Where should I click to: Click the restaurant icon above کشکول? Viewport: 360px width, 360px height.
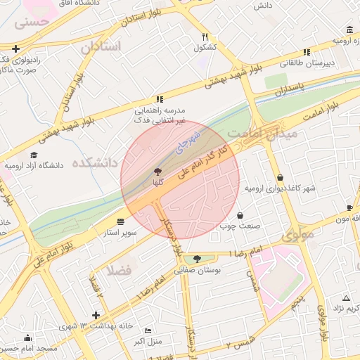pyautogui.click(x=205, y=37)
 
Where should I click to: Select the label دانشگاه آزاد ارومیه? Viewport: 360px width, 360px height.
pyautogui.click(x=34, y=166)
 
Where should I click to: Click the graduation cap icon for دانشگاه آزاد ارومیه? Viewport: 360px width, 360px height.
pyautogui.click(x=34, y=155)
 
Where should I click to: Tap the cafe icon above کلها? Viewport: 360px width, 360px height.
pyautogui.click(x=157, y=172)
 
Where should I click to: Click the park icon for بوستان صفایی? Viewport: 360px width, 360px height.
pyautogui.click(x=197, y=259)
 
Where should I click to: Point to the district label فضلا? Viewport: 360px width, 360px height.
pyautogui.click(x=119, y=270)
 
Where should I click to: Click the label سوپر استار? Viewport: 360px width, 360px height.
pyautogui.click(x=119, y=230)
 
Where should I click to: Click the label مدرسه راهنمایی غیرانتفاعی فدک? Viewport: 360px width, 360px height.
pyautogui.click(x=160, y=115)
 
